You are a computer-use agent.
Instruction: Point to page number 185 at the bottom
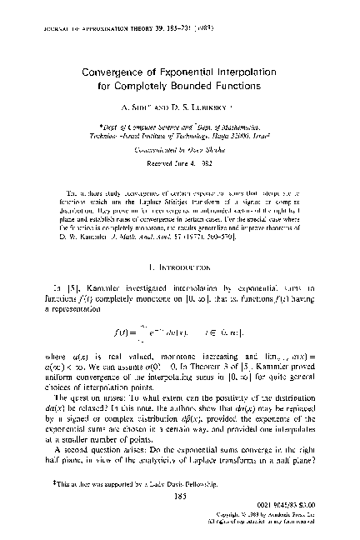tap(180, 494)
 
